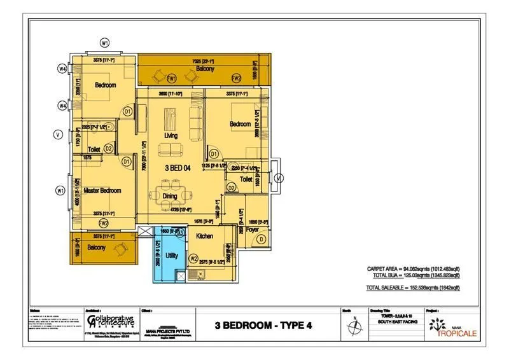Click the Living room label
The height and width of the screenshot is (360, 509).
point(171,137)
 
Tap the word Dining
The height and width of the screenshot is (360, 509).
point(170,197)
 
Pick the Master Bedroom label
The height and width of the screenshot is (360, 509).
point(102,191)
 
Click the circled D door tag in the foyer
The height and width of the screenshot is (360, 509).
point(261,239)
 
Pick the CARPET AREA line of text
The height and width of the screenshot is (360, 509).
point(413,269)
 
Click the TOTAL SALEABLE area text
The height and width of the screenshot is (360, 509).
point(413,288)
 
